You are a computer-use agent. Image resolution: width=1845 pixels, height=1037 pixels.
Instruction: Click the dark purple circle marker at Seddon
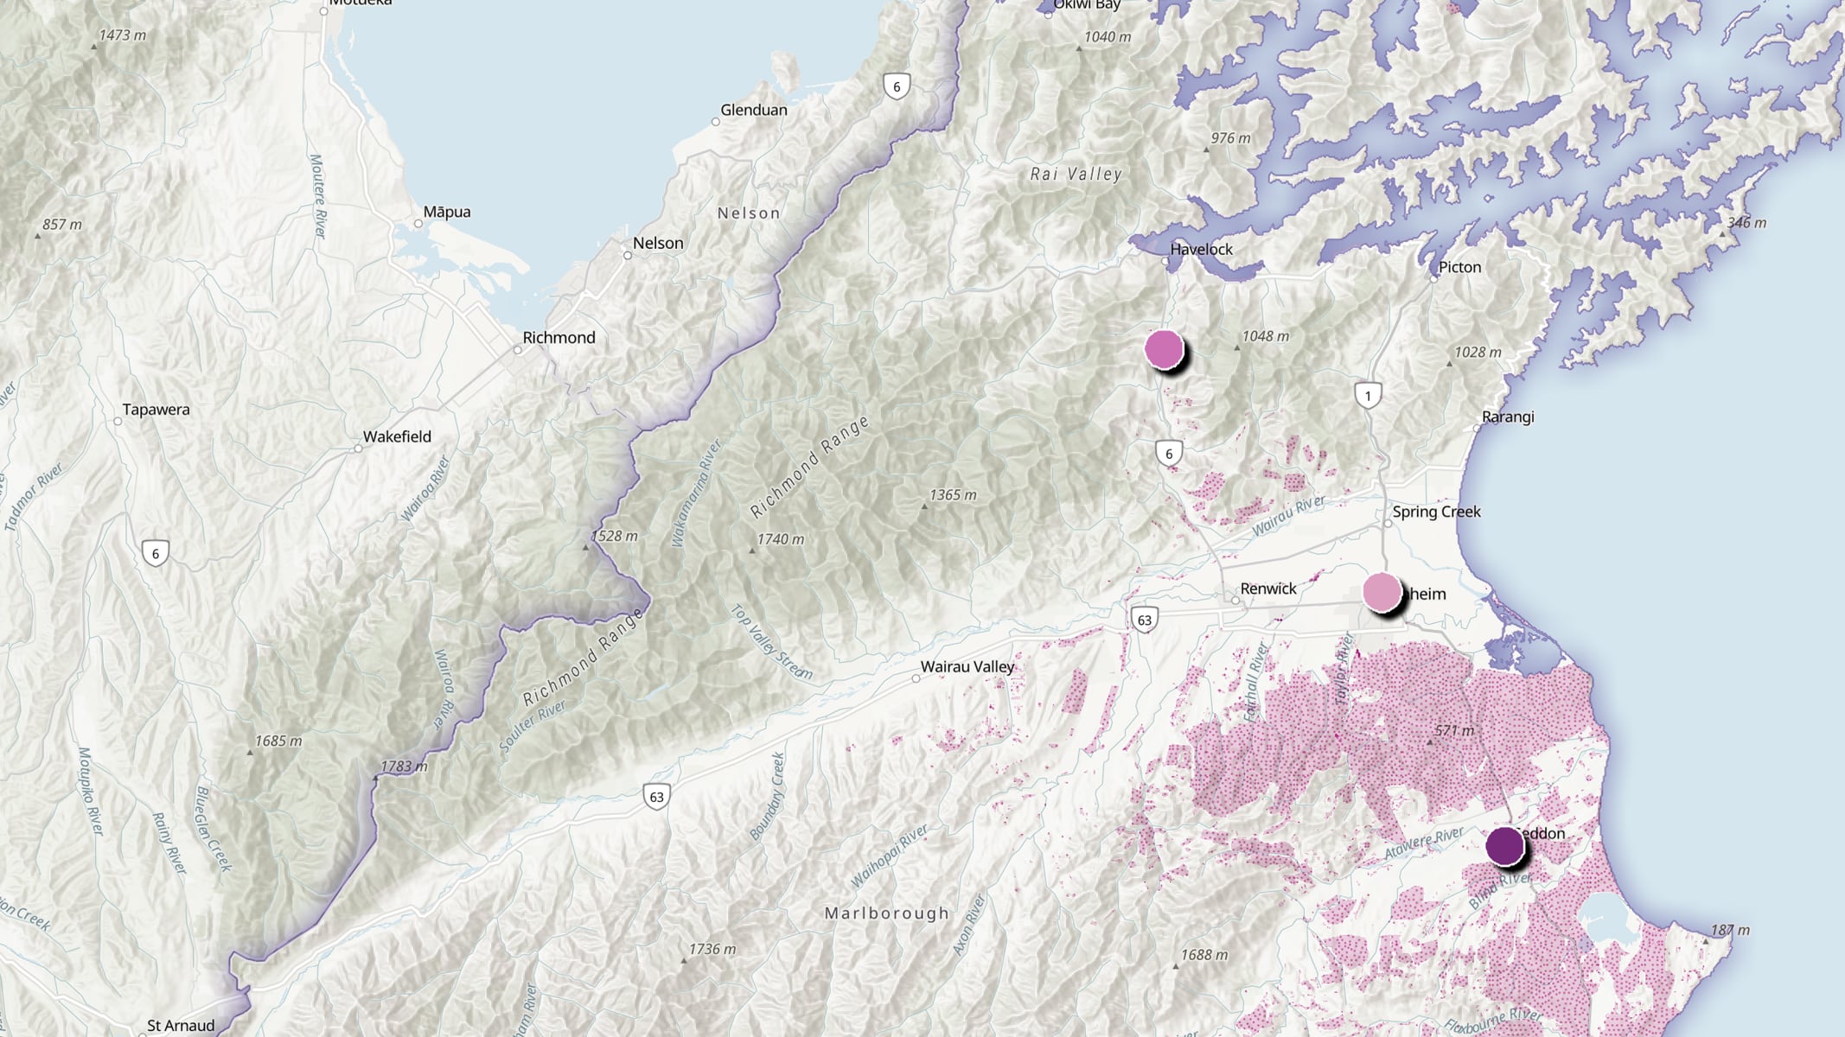point(1504,846)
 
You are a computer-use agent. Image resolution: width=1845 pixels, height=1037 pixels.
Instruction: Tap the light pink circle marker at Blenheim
point(1382,592)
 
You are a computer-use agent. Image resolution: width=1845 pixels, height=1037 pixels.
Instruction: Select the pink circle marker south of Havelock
point(1164,349)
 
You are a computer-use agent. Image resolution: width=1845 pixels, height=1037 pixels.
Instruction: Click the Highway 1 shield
point(1368,396)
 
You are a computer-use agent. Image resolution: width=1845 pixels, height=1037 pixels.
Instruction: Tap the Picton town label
point(1459,267)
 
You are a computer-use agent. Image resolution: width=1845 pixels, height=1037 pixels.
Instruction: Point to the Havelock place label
point(1201,249)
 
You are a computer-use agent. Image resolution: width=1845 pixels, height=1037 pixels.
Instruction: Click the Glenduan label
point(754,110)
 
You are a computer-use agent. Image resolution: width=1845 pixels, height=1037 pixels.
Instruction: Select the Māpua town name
point(447,212)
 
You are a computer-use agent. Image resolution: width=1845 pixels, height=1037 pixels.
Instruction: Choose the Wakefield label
point(397,436)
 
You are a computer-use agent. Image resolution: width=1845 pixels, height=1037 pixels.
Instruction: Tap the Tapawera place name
point(156,410)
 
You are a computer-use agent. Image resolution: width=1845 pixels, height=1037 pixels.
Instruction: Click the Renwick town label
point(1268,588)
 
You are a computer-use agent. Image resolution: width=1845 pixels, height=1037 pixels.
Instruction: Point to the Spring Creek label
point(1436,512)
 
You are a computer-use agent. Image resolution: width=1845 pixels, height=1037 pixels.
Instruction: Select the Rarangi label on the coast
point(1508,417)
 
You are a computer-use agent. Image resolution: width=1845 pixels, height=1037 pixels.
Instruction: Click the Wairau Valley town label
point(967,666)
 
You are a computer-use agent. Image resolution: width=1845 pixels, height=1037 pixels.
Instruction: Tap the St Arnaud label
point(181,1026)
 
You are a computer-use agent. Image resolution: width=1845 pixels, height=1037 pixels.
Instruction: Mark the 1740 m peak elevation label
point(780,539)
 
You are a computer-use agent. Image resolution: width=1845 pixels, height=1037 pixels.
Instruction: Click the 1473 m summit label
point(122,35)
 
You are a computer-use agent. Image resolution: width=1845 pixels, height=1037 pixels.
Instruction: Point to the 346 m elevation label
point(1746,223)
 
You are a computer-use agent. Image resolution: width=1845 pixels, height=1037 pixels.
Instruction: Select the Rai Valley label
point(1076,175)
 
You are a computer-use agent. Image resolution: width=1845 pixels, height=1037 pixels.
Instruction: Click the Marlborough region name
point(886,913)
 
